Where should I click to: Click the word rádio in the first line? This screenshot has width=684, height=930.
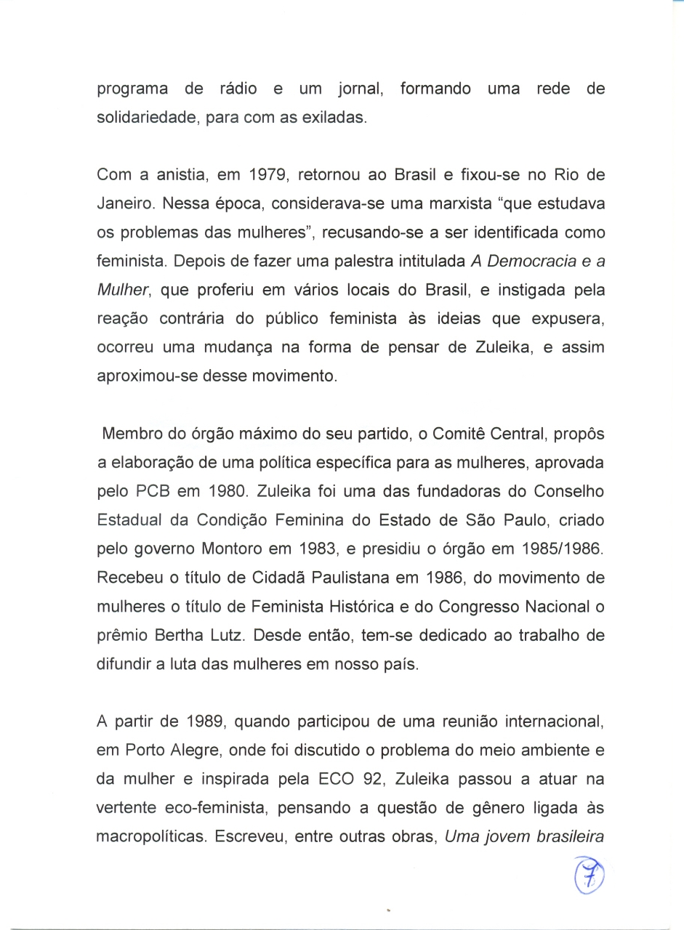[237, 89]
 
